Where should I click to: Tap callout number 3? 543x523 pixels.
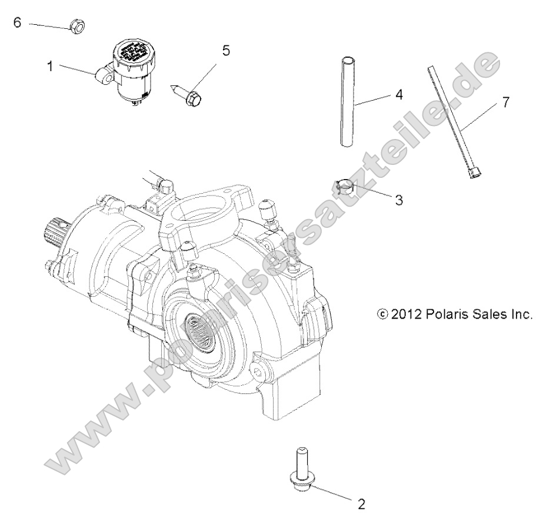tap(398, 200)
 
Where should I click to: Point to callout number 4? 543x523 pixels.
tap(398, 94)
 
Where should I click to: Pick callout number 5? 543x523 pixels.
tap(225, 50)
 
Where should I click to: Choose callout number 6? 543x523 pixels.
tap(17, 22)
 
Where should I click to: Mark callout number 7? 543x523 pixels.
tap(505, 102)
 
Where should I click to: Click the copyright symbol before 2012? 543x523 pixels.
tap(382, 315)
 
